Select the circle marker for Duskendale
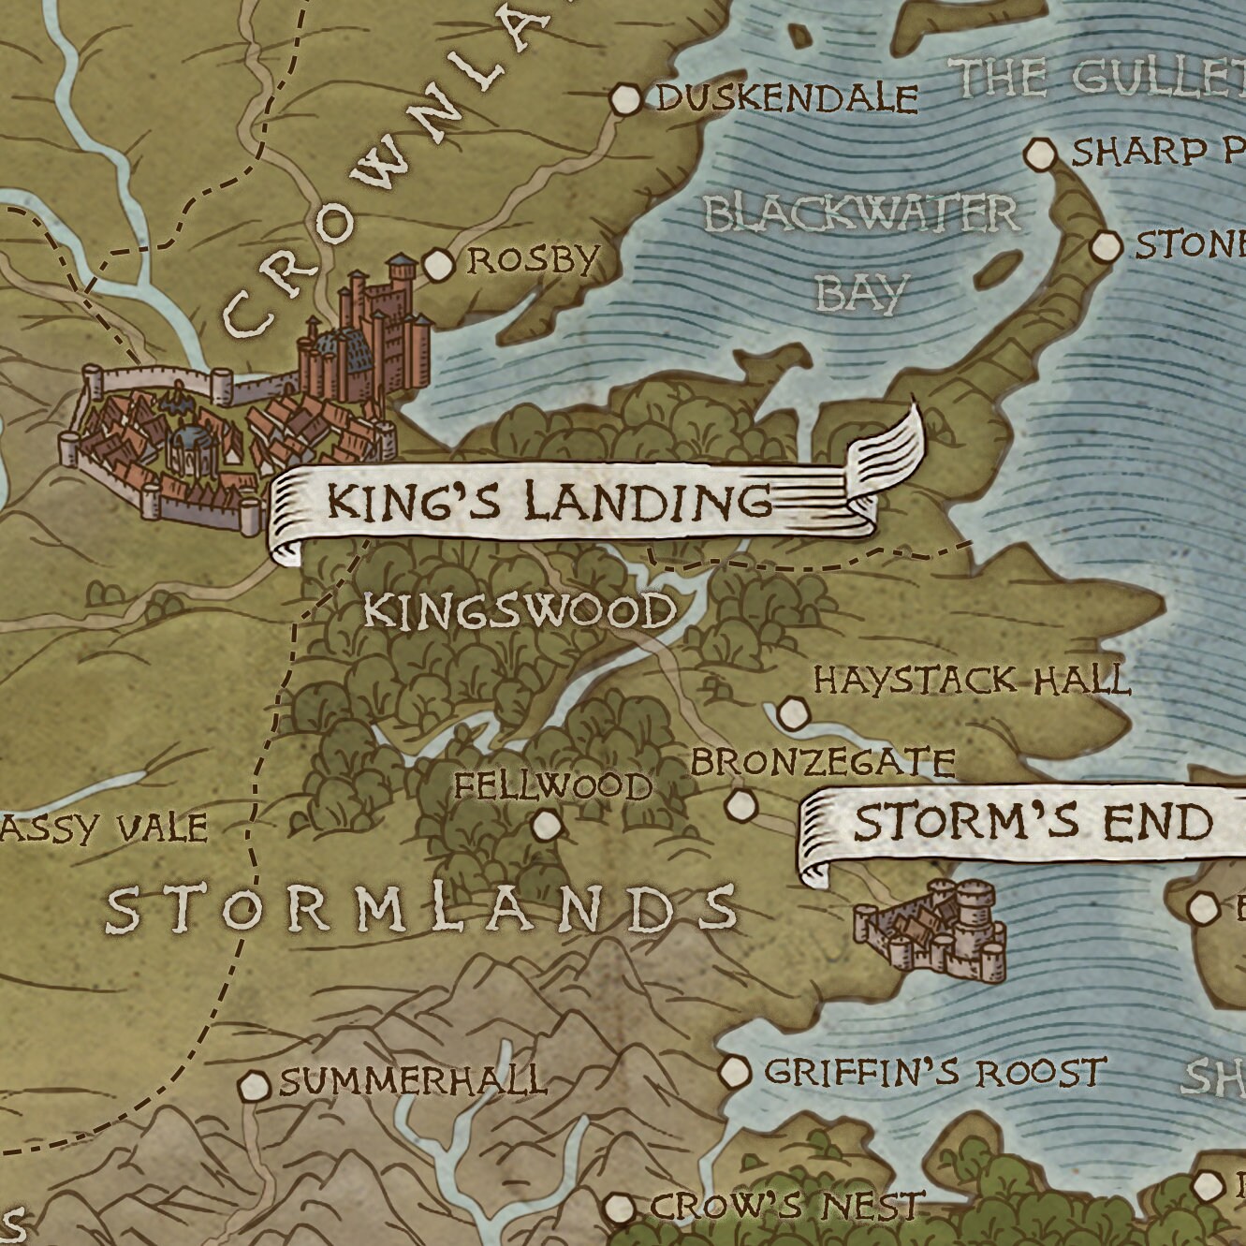coord(625,99)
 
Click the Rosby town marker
coord(436,265)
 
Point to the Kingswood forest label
coord(520,612)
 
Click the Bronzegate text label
coord(822,762)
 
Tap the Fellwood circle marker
coord(546,825)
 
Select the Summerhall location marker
coord(253,1086)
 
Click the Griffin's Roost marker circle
coord(735,1071)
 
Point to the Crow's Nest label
coord(786,1206)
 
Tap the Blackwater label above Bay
coord(860,214)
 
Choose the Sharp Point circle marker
coord(1040,154)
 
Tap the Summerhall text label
coord(412,1080)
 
